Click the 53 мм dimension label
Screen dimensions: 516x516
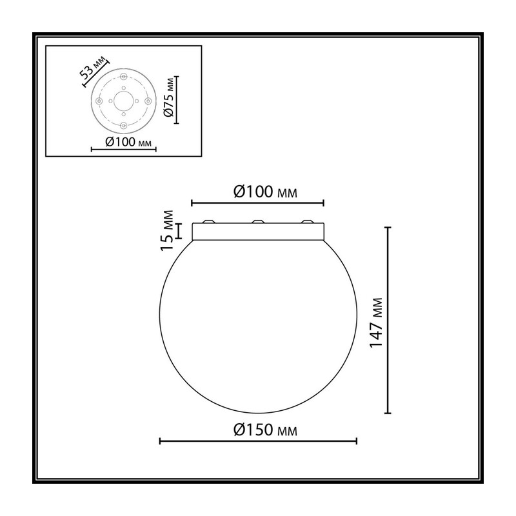(94, 68)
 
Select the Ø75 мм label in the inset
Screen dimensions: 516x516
(169, 97)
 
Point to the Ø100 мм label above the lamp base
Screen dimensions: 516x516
(265, 192)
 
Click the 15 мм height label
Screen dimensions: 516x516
(167, 230)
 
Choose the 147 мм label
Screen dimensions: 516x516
(376, 323)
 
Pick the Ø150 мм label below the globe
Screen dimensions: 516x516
(265, 430)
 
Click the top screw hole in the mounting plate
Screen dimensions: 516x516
(124, 77)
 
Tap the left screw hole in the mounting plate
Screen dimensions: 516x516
(99, 101)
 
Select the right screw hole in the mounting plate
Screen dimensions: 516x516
(148, 101)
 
